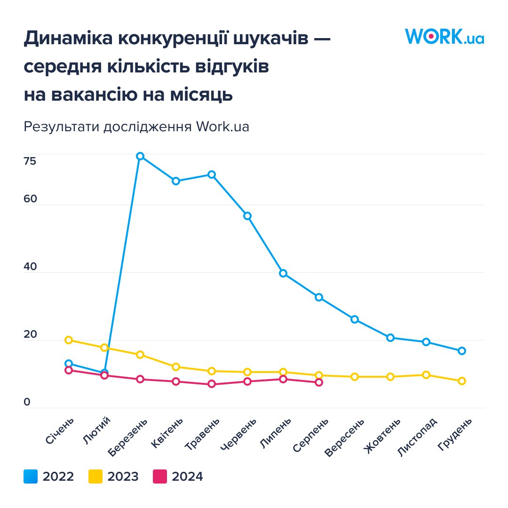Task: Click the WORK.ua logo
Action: tap(444, 37)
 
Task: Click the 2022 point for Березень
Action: tap(140, 156)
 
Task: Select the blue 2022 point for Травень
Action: tap(212, 175)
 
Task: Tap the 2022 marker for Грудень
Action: tap(462, 351)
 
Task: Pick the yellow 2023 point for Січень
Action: tap(69, 340)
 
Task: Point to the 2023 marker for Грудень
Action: tap(462, 381)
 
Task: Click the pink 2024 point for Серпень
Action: tap(319, 382)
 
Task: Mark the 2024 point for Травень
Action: tap(212, 384)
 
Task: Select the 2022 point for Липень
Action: tap(283, 273)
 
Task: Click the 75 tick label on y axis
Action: tap(30, 161)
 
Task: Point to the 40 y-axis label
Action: tap(30, 267)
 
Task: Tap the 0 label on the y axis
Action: tap(27, 402)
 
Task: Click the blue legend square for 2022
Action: tap(31, 476)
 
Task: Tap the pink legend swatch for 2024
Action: tap(160, 476)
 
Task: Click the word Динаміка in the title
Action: tap(67, 40)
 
